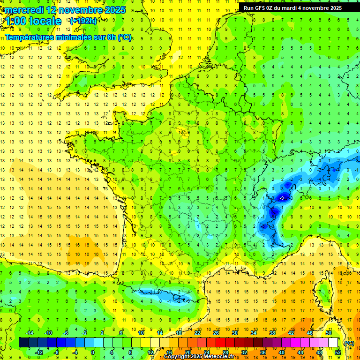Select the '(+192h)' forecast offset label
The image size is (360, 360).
[x=83, y=21]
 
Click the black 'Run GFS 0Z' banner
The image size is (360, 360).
[x=292, y=8]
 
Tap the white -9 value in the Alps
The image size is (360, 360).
[x=281, y=199]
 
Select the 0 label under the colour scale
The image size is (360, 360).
[x=93, y=352]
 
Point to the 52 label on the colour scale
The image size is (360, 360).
[x=337, y=352]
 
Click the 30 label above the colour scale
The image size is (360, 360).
[x=234, y=333]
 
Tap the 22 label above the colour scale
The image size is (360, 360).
[x=197, y=333]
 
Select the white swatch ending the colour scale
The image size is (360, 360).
[x=333, y=343]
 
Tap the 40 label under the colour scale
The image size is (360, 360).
[x=281, y=352]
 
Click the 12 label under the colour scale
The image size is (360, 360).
[x=150, y=352]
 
